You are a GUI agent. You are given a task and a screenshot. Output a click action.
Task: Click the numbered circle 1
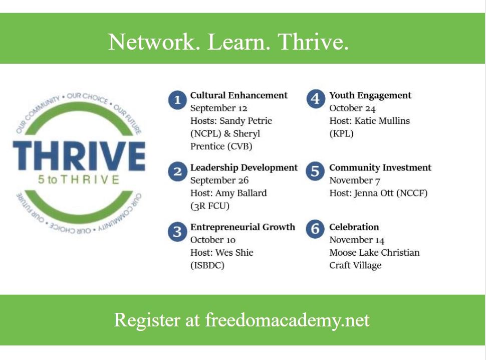point(177,100)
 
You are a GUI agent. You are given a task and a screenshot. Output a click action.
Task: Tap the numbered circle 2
point(177,172)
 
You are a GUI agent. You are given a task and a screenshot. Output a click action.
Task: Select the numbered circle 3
point(177,232)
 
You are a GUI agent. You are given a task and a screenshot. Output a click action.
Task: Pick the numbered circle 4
point(315,99)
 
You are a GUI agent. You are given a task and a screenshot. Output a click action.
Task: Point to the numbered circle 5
point(315,171)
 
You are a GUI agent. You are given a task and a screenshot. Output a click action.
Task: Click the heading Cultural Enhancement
point(239,95)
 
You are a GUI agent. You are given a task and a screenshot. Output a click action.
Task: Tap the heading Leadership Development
point(244,168)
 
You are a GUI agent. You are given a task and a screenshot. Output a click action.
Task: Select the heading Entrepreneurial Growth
point(242,227)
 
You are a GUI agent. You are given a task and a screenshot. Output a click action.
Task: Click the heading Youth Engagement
point(370,95)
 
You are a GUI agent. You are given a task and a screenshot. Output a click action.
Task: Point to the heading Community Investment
point(380,168)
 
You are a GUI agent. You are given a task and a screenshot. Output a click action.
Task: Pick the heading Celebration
point(354,227)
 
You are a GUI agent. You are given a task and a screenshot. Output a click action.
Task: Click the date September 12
point(219,108)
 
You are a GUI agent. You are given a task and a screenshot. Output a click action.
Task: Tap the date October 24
point(353,108)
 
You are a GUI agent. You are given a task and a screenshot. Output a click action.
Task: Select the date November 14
point(357,240)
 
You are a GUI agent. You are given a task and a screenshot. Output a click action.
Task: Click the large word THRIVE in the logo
point(79,155)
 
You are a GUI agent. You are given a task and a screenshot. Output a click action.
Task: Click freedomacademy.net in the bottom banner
point(287,320)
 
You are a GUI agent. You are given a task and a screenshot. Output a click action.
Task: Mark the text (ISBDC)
point(207,265)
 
